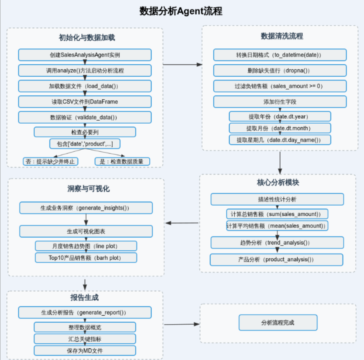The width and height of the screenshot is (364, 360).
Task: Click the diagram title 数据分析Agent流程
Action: [x=181, y=11]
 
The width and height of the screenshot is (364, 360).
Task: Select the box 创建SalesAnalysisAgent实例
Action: [x=85, y=55]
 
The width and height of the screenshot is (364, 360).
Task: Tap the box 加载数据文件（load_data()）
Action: [x=85, y=86]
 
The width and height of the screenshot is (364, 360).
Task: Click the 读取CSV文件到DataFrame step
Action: [x=85, y=102]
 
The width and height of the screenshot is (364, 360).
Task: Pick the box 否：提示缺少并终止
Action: [x=50, y=161]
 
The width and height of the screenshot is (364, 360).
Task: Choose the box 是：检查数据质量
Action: [x=122, y=161]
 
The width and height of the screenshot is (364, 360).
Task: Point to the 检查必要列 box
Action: [x=85, y=132]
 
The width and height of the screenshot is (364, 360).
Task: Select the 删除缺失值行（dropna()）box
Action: [x=280, y=71]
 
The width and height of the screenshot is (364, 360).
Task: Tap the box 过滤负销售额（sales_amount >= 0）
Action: [x=280, y=86]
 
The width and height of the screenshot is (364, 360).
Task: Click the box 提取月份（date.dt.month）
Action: [x=280, y=128]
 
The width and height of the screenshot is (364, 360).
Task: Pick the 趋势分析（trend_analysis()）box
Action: [x=277, y=242]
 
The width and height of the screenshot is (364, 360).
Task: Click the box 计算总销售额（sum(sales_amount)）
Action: [x=277, y=214]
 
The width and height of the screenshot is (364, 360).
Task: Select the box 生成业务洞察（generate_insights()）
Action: [x=86, y=207]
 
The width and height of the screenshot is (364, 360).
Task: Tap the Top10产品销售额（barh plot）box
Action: [x=86, y=258]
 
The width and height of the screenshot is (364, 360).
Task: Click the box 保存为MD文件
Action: [x=85, y=350]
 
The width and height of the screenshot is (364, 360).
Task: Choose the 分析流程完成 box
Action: [x=278, y=322]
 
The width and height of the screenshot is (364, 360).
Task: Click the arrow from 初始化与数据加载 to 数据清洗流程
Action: [x=182, y=65]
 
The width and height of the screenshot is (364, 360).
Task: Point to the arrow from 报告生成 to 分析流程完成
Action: [x=181, y=324]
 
